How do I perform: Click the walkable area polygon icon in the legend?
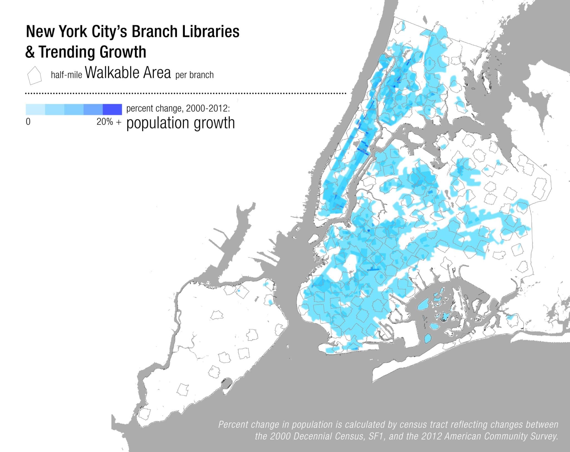[x=34, y=75]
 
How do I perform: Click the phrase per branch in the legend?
[x=194, y=75]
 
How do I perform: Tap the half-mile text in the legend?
[x=66, y=75]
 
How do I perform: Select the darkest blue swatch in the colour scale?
[x=112, y=109]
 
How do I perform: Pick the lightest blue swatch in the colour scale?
[x=35, y=109]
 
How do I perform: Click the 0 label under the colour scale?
[x=28, y=122]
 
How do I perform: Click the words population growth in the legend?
[x=180, y=123]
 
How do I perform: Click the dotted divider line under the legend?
[x=186, y=93]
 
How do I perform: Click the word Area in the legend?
[x=158, y=73]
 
